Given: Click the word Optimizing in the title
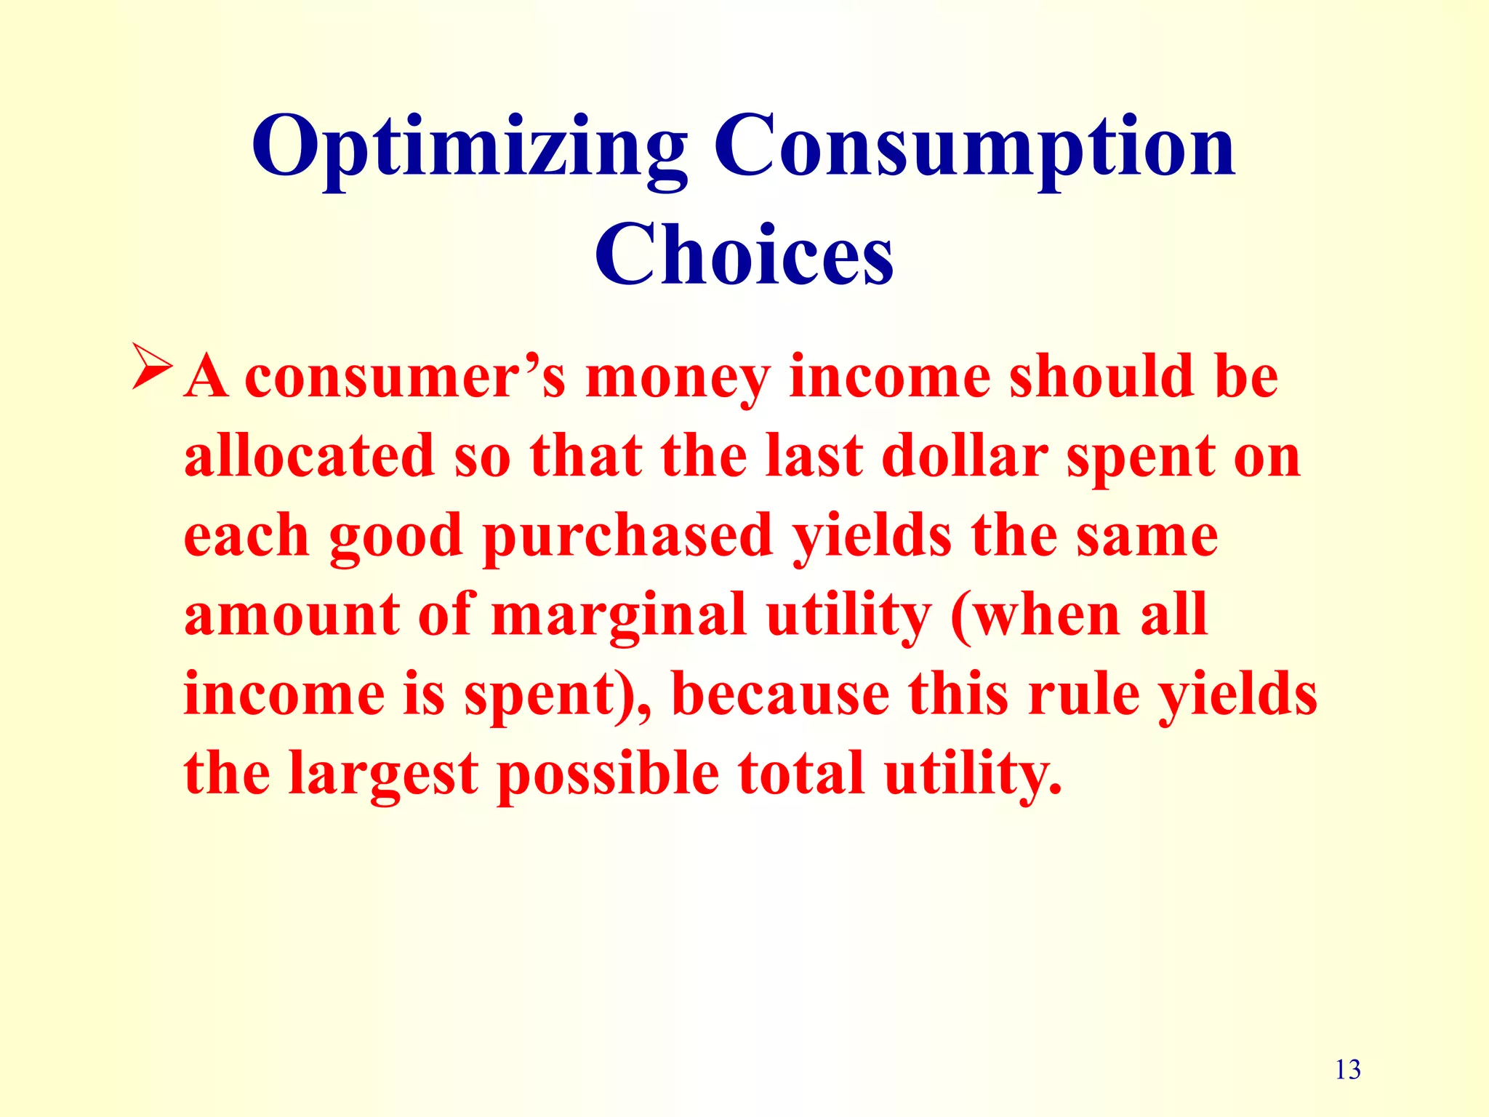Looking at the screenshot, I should pos(469,149).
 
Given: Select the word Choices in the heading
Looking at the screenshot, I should pos(744,255).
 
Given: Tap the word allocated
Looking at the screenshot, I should pos(309,456).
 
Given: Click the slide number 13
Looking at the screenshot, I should pos(1348,1070).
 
